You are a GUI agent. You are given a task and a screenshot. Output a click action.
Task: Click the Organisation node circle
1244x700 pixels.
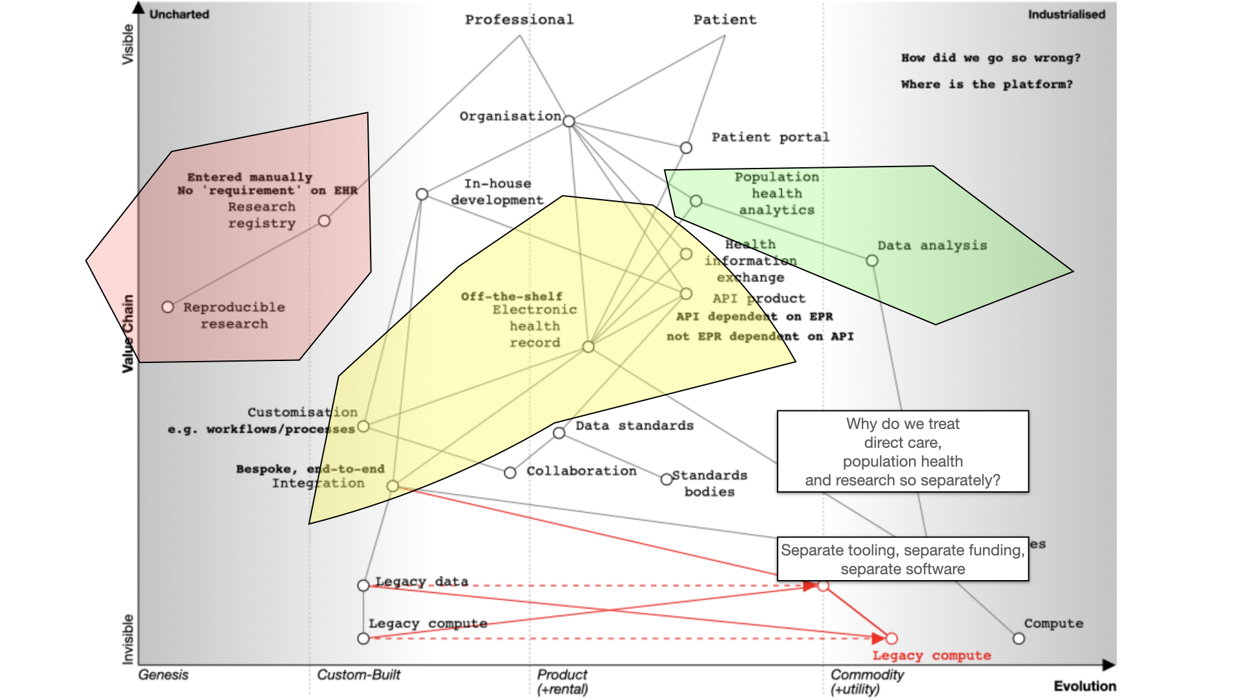coord(569,121)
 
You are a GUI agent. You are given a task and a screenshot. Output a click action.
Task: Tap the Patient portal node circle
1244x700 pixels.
coord(686,148)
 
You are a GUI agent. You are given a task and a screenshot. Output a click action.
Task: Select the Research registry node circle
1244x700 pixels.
coord(325,221)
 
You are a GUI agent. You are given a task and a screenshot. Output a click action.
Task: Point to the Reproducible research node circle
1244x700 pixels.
coord(168,307)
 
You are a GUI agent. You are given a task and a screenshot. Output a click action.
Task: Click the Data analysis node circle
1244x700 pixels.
coord(872,261)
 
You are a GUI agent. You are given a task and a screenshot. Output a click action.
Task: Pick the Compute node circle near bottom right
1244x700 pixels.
coord(1019,638)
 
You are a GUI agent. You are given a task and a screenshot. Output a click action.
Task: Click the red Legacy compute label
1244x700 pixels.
coord(931,655)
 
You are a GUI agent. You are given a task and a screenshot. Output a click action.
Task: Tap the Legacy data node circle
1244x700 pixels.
coord(363,585)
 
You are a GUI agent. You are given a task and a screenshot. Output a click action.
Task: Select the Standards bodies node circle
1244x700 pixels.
coord(666,480)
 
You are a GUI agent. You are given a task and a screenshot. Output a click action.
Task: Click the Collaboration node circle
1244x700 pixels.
coord(510,472)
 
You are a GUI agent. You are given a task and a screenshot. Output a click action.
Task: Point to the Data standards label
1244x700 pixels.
coord(634,426)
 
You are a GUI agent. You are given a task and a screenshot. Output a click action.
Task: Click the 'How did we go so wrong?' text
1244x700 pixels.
coord(991,58)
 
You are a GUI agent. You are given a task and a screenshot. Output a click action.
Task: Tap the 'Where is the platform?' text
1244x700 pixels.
coord(986,84)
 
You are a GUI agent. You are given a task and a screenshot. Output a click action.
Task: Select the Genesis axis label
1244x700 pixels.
coord(163,675)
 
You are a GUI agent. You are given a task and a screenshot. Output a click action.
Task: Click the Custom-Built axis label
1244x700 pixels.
coord(358,675)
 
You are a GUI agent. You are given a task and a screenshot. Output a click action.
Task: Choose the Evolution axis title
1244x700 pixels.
coord(1085,686)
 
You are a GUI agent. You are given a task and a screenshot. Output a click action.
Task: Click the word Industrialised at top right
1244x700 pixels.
coord(1066,14)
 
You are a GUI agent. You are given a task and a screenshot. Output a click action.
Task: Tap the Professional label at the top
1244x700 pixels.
coord(519,19)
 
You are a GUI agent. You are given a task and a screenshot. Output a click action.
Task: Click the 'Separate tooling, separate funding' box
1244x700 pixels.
coord(903,559)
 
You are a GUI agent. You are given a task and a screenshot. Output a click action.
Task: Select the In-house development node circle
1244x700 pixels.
coord(422,194)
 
